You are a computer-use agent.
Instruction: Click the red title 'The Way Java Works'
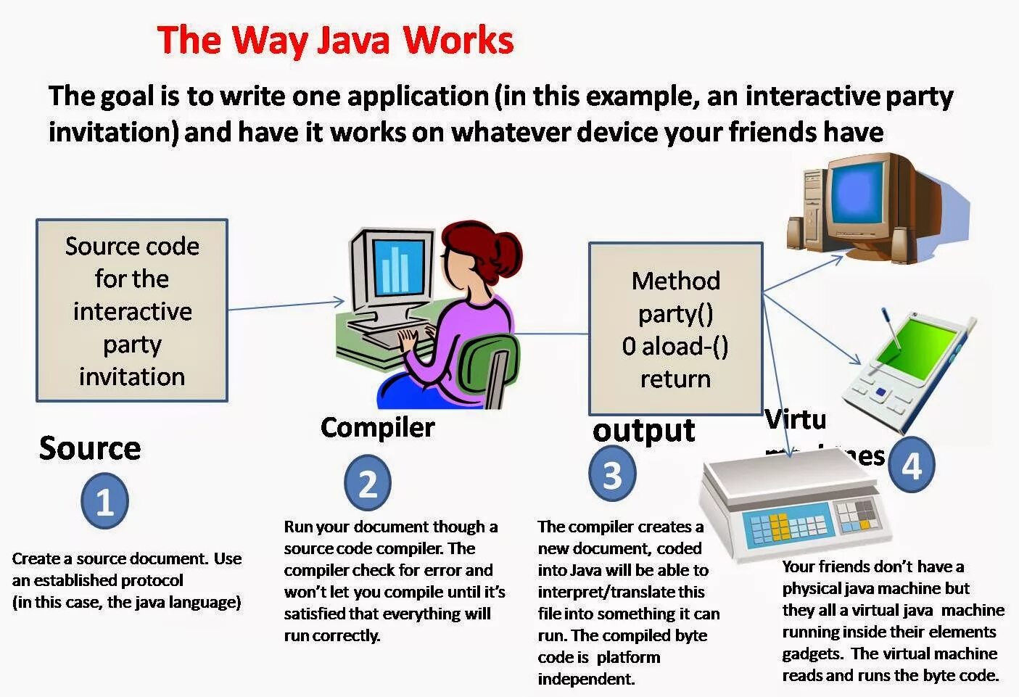[x=335, y=41]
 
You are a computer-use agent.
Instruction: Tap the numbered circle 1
[x=104, y=501]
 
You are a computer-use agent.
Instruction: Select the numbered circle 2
[x=368, y=484]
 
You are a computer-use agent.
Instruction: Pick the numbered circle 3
[x=612, y=475]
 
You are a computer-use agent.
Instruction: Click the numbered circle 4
[x=911, y=466]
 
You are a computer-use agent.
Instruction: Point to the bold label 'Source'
[x=90, y=448]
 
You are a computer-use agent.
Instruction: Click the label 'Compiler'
[x=377, y=427]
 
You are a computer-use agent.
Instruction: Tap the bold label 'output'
[x=643, y=430]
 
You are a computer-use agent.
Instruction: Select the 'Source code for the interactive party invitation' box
[x=132, y=310]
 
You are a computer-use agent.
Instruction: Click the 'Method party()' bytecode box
[x=675, y=328]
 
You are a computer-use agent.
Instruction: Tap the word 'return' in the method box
[x=675, y=379]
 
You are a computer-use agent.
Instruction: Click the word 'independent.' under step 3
[x=586, y=679]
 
